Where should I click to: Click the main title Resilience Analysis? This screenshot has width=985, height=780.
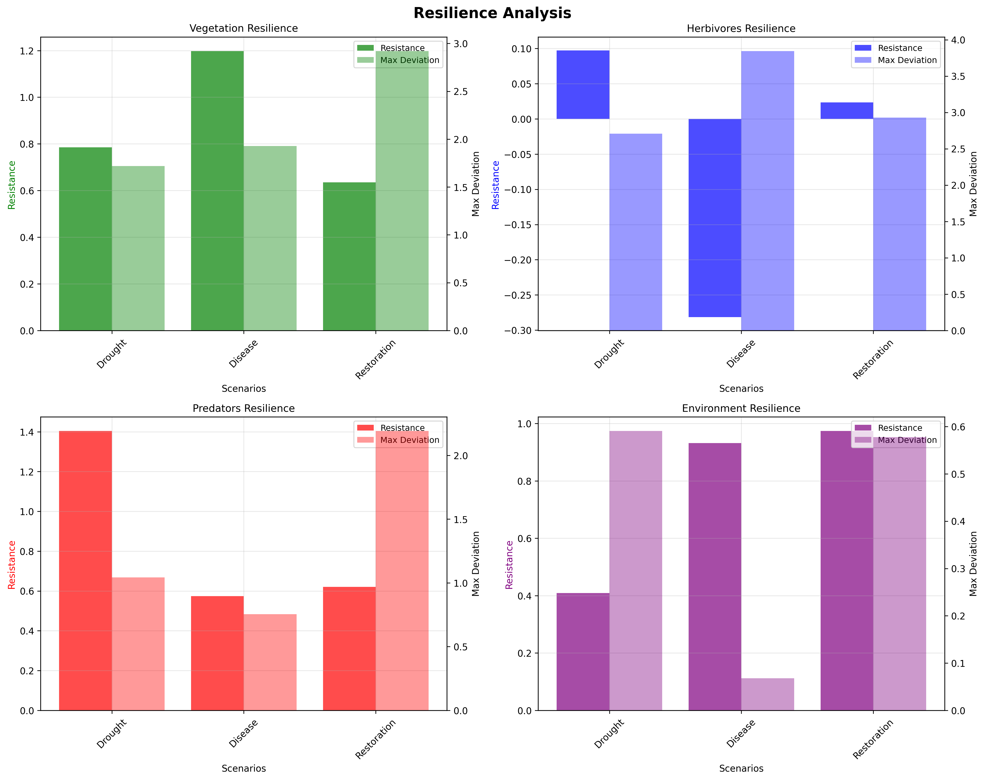coord(492,13)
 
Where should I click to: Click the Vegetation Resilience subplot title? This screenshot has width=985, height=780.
coord(243,28)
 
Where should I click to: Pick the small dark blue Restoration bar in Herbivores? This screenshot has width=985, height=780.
coord(847,111)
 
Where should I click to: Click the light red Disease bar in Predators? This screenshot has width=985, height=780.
coord(270,662)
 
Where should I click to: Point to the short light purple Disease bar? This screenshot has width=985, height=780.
coord(768,694)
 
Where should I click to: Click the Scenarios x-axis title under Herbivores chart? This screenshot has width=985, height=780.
coord(741,389)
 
